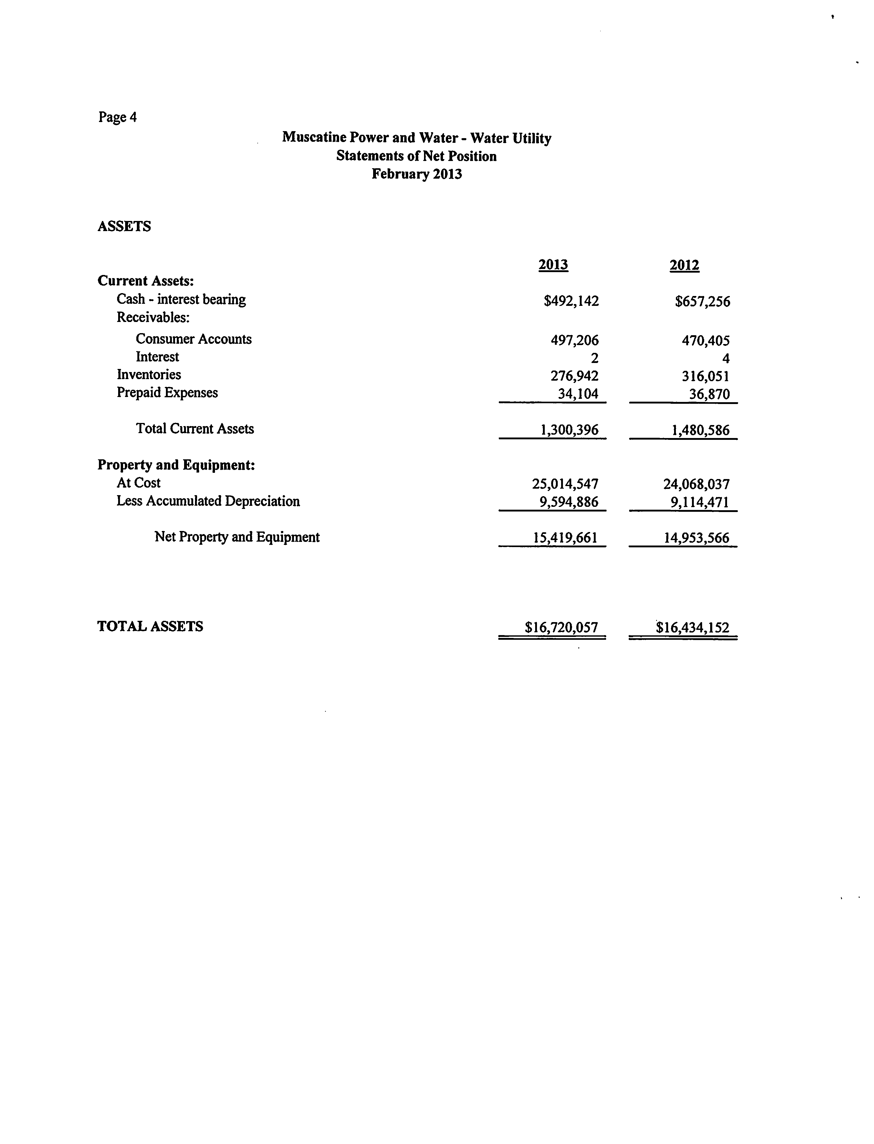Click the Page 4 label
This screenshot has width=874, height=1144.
(118, 117)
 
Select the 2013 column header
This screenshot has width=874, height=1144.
(553, 265)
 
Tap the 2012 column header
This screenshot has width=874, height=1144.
(684, 265)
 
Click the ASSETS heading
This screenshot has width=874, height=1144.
(124, 226)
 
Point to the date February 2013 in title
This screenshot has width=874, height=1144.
(417, 174)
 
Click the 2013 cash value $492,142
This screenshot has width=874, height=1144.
(571, 301)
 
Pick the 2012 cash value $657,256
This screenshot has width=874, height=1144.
(702, 301)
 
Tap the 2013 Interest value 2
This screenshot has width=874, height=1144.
(595, 358)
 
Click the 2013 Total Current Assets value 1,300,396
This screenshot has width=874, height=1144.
(570, 430)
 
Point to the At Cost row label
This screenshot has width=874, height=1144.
(138, 483)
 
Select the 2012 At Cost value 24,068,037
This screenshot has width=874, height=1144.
(696, 484)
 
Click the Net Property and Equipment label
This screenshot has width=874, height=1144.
(237, 537)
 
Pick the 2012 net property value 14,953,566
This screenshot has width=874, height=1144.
(696, 538)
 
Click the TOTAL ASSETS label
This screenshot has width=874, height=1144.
(150, 626)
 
